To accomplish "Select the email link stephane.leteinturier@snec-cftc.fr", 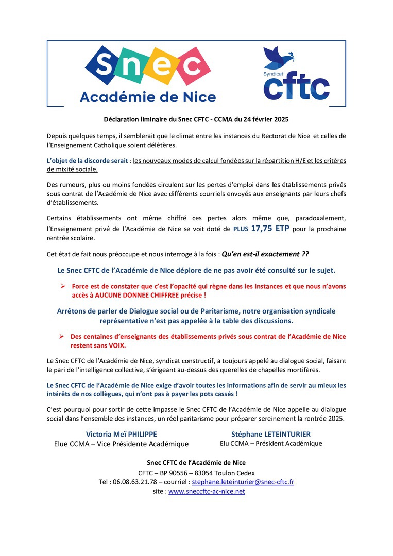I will (243, 482).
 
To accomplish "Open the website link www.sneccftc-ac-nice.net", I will (207, 491).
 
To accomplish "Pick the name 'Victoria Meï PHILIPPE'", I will (121, 434).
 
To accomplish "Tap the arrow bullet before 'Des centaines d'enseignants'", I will (61, 336).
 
